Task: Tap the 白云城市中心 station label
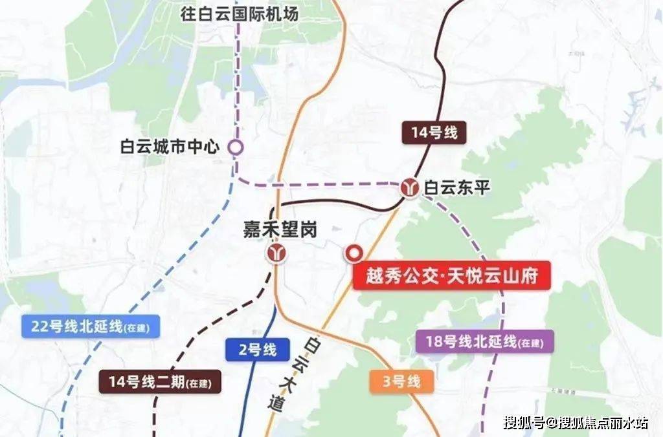click(x=171, y=147)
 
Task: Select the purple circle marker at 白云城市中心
click(x=236, y=147)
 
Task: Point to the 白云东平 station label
click(x=457, y=188)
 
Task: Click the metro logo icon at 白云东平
click(x=409, y=188)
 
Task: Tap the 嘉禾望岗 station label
click(x=280, y=229)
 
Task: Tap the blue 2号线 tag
click(x=251, y=350)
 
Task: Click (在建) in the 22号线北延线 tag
click(x=137, y=328)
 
